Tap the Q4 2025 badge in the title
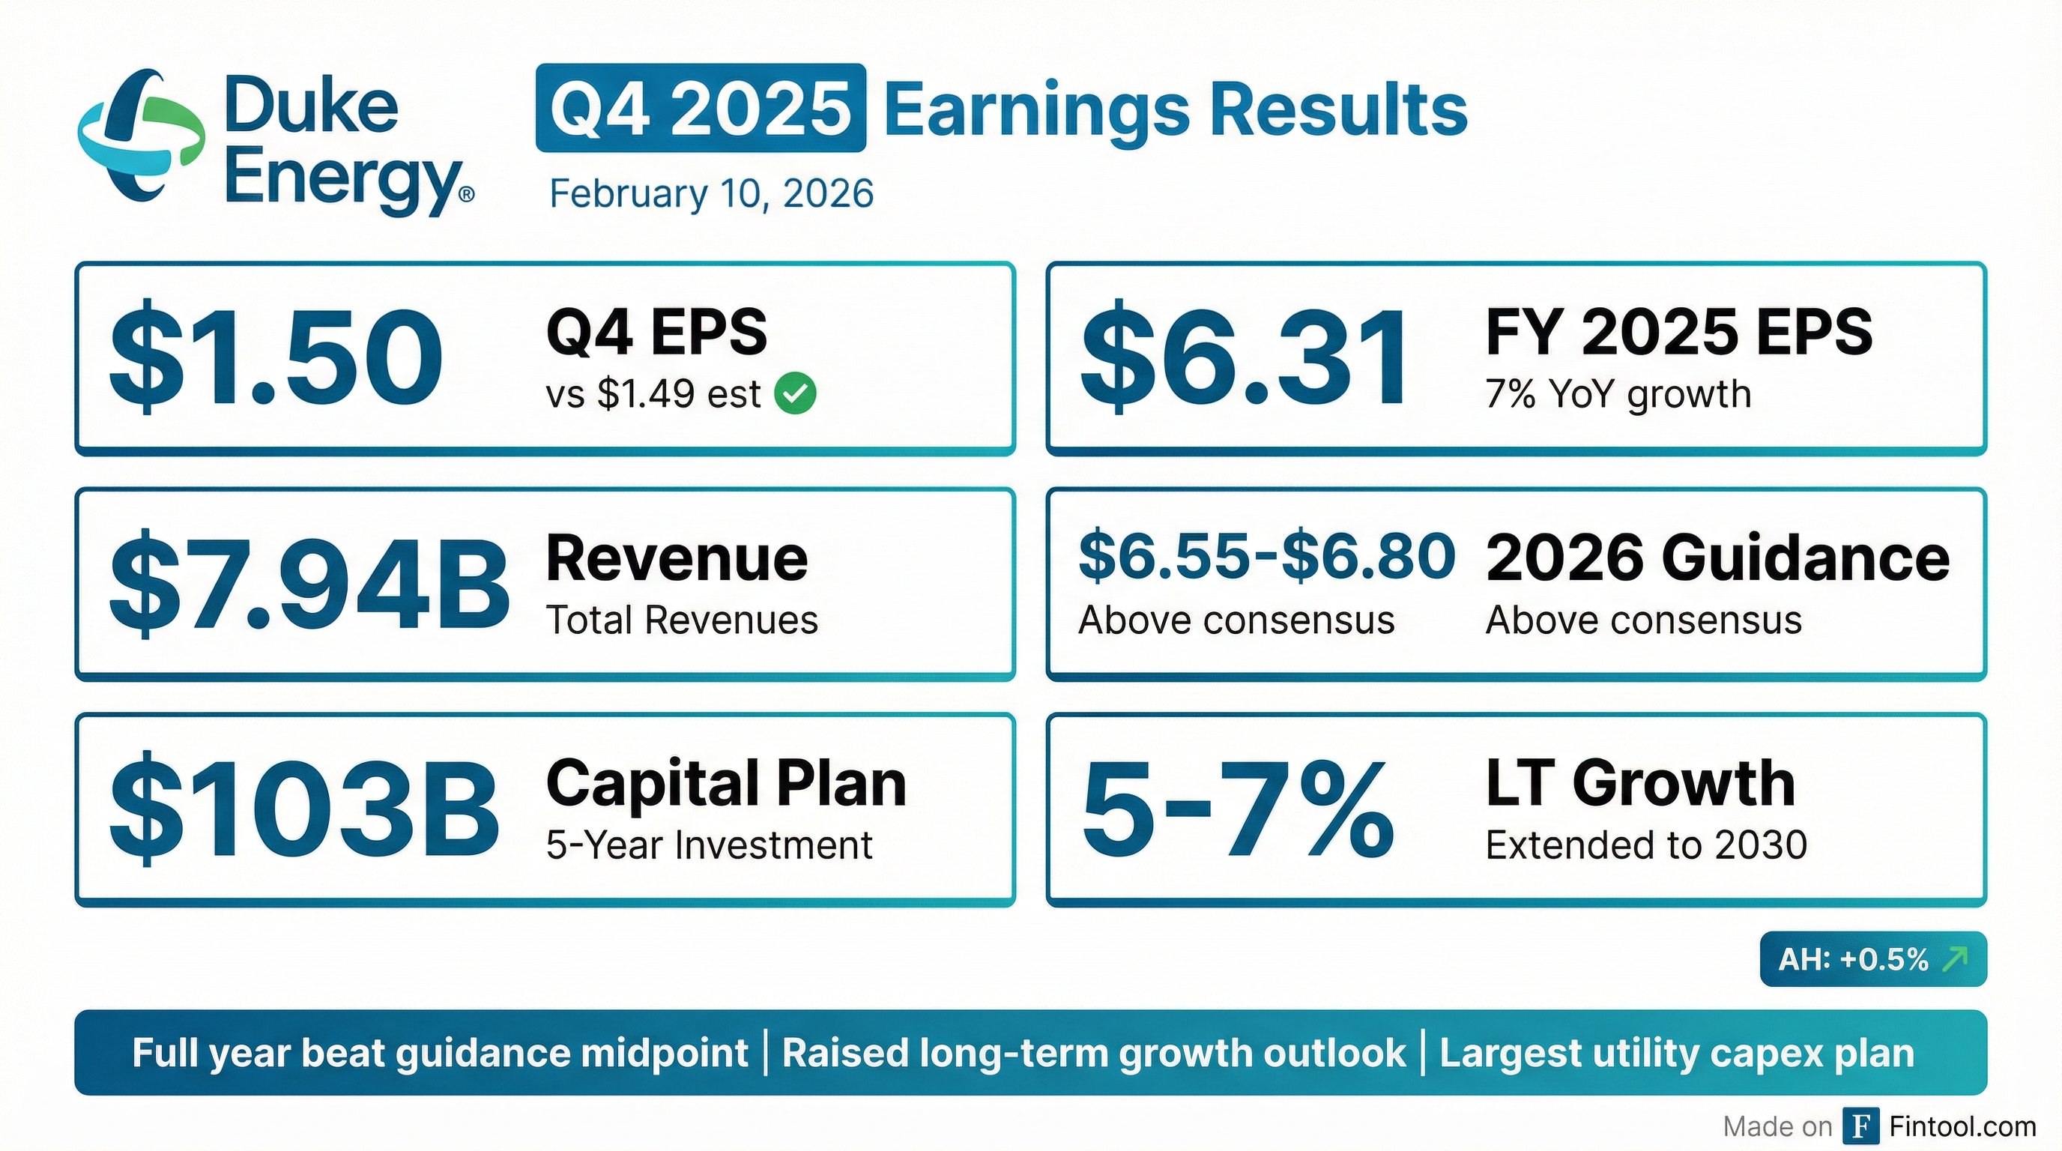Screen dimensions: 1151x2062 (701, 108)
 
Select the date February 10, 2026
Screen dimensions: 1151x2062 (711, 193)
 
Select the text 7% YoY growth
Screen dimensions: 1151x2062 (1618, 394)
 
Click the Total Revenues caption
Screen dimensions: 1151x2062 (682, 620)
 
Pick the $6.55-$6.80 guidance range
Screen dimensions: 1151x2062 (1266, 556)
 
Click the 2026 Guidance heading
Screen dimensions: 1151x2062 (1718, 558)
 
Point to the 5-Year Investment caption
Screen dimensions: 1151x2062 (708, 845)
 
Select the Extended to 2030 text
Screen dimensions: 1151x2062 (1645, 845)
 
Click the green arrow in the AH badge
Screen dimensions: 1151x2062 (1955, 958)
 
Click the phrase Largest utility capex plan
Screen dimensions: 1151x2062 (1677, 1054)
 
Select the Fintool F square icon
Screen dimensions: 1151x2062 (1862, 1127)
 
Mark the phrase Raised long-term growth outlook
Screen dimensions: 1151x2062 (1093, 1054)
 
